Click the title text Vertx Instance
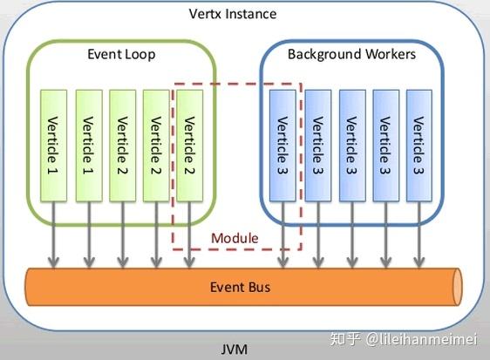(x=233, y=14)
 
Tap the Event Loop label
(x=121, y=54)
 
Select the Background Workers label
(x=351, y=54)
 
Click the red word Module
(x=235, y=237)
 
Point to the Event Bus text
(x=241, y=288)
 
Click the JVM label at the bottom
(x=234, y=350)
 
